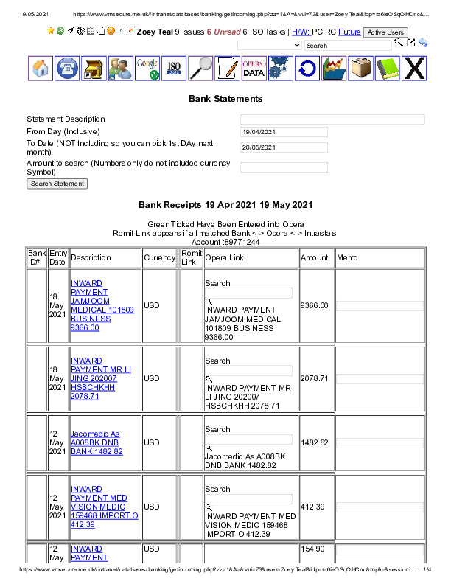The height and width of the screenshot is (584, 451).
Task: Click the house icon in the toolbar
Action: point(41,69)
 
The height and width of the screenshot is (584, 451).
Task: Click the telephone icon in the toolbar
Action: point(68,69)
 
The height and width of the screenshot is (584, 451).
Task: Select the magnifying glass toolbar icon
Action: point(200,69)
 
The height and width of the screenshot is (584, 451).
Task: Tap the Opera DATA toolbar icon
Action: point(254,69)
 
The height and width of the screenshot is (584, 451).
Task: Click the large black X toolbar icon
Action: point(415,69)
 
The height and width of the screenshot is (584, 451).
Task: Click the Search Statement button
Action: point(57,184)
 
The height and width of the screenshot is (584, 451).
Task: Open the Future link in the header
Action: point(349,32)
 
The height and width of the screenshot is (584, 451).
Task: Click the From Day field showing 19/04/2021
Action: point(284,132)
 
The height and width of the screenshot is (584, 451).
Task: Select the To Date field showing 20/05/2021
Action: point(284,147)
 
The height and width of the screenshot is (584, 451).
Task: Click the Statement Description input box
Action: point(332,119)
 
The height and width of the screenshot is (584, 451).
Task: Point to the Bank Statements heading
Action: point(225,99)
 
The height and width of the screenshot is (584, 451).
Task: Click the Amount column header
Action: point(315,258)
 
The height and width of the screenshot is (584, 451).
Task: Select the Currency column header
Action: point(159,258)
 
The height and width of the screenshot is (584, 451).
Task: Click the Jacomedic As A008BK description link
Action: point(97,442)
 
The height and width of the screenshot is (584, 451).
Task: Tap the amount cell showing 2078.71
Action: point(315,378)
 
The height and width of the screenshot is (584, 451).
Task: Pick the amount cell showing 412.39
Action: point(313,507)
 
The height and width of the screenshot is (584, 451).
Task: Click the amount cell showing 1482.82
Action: point(315,442)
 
